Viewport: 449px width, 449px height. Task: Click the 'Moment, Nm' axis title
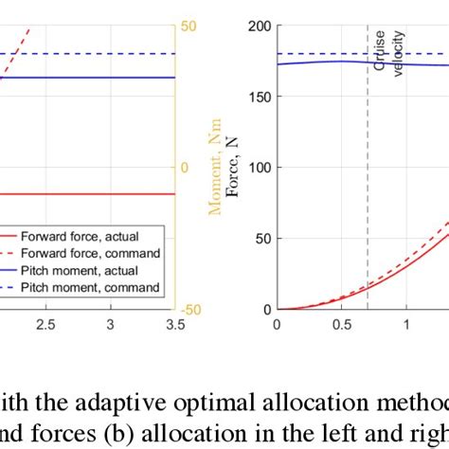pyautogui.click(x=216, y=167)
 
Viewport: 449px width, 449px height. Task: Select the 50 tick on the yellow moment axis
pyautogui.click(x=189, y=26)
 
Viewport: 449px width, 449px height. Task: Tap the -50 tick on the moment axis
pyautogui.click(x=192, y=309)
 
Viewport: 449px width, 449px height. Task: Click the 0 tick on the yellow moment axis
pyautogui.click(x=186, y=168)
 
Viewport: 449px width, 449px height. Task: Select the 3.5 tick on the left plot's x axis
pyautogui.click(x=174, y=325)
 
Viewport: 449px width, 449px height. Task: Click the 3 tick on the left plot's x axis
pyautogui.click(x=111, y=325)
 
